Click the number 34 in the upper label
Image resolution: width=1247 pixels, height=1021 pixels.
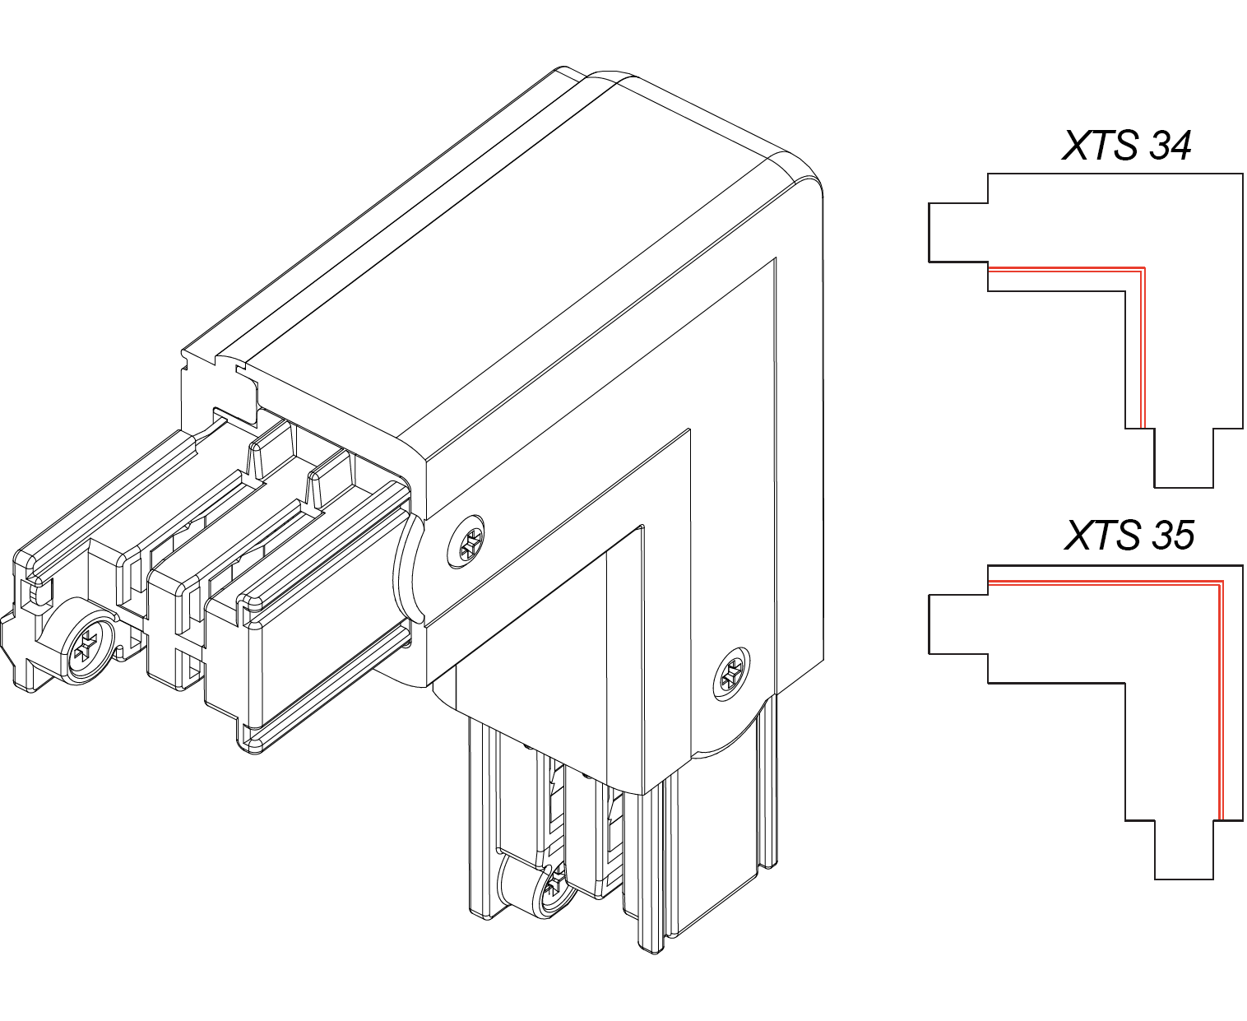click(1169, 146)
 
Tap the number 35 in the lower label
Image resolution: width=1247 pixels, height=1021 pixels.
click(1171, 536)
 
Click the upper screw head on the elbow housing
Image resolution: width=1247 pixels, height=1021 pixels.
click(466, 542)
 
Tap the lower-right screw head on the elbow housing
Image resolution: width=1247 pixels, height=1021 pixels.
click(732, 674)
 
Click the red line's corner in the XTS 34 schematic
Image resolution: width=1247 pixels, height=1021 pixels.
click(1143, 269)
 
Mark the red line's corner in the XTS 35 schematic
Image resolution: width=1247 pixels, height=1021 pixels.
click(1221, 582)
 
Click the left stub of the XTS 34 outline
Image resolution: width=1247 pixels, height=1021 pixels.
click(958, 233)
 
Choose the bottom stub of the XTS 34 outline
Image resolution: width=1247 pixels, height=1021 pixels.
click(1184, 458)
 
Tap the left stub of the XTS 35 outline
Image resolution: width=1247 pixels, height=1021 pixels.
click(958, 624)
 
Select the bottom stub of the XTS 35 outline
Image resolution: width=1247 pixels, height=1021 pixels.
click(1184, 849)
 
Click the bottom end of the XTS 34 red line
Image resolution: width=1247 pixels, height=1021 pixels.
click(1143, 428)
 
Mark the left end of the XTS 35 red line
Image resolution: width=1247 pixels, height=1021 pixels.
click(989, 582)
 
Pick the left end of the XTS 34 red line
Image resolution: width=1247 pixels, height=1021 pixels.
click(989, 269)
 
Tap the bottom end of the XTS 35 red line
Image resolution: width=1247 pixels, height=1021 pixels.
click(1221, 820)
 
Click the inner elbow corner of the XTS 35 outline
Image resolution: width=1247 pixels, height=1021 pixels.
click(1125, 683)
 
